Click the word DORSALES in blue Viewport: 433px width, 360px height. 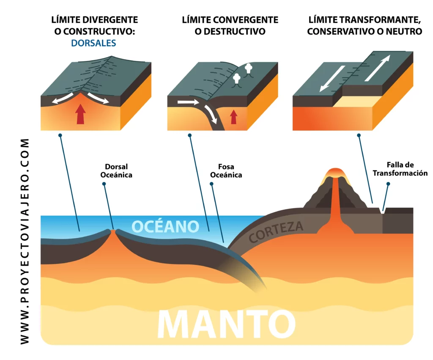(x=94, y=43)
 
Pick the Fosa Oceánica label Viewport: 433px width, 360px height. (x=227, y=170)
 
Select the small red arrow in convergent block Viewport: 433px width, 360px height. (x=233, y=116)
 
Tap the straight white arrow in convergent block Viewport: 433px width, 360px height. (x=188, y=102)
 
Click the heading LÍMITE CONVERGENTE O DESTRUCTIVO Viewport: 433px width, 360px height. (x=230, y=26)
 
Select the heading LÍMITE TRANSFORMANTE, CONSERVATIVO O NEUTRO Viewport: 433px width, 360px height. (x=365, y=26)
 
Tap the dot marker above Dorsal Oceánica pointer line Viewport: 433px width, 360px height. (x=104, y=184)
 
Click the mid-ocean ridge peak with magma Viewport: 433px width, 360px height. (x=113, y=231)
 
